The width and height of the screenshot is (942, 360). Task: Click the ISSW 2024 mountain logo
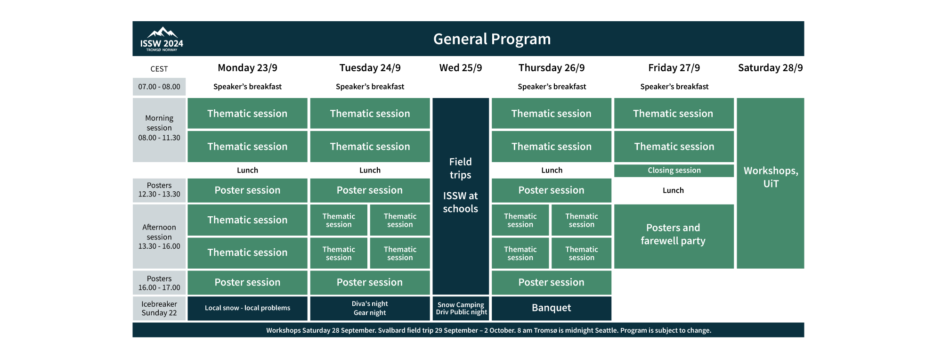click(x=162, y=39)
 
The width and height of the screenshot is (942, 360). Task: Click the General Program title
click(x=492, y=39)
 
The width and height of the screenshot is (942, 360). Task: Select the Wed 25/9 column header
click(x=460, y=68)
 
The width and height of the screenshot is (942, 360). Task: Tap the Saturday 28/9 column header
click(x=770, y=68)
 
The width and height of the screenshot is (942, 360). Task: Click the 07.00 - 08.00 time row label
click(x=159, y=87)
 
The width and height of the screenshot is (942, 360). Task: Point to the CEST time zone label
click(x=159, y=69)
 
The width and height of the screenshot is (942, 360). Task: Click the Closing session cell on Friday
click(x=674, y=171)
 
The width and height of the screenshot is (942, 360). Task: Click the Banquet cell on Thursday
click(x=551, y=308)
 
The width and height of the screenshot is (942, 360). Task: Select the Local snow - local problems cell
click(x=247, y=308)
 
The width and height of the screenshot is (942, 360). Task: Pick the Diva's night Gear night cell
click(x=370, y=308)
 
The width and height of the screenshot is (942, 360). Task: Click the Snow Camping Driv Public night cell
click(x=461, y=308)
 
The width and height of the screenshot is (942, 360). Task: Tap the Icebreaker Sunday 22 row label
click(x=159, y=308)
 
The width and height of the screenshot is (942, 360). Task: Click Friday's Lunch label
click(x=673, y=190)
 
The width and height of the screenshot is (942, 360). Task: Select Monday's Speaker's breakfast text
click(x=247, y=87)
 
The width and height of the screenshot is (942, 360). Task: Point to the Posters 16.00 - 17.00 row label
click(x=159, y=283)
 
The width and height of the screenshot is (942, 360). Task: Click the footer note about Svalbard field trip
click(x=488, y=330)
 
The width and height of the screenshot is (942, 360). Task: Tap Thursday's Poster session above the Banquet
click(x=551, y=282)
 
